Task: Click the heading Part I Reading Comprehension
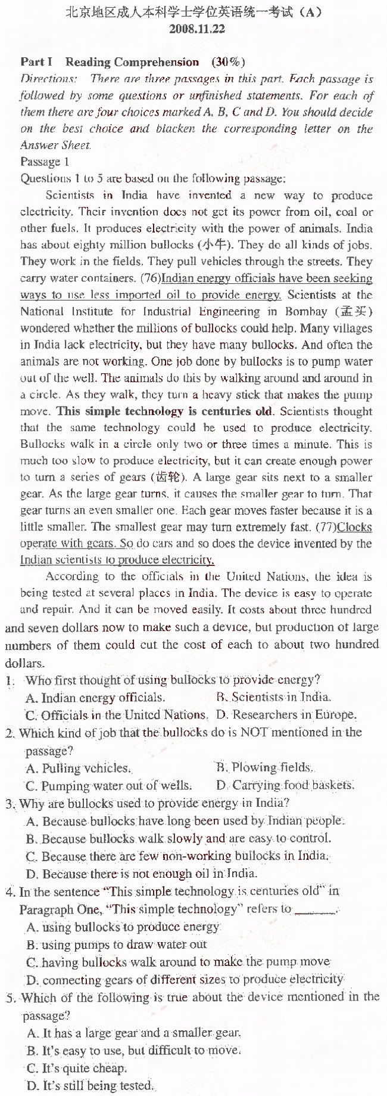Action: tap(110, 62)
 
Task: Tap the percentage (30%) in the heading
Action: tap(228, 62)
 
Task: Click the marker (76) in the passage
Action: tap(150, 278)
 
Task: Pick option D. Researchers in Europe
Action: tap(286, 714)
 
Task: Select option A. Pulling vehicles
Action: tap(78, 768)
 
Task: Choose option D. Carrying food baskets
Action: tap(285, 785)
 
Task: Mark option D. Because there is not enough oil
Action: tap(142, 874)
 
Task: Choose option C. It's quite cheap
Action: tap(77, 1068)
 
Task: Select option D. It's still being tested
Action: tap(90, 1086)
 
